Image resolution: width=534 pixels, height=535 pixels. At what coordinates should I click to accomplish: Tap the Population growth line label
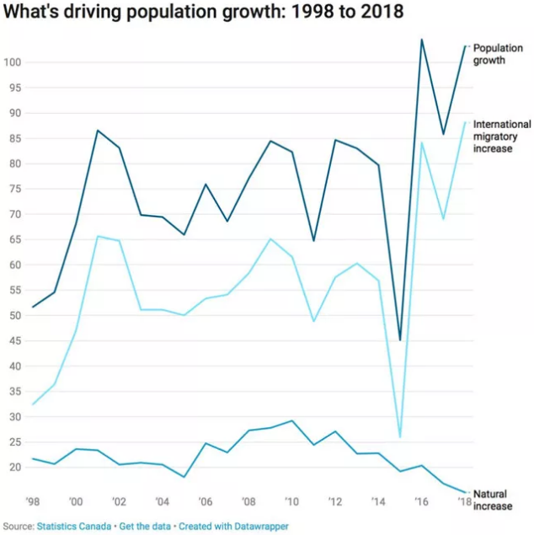pyautogui.click(x=498, y=54)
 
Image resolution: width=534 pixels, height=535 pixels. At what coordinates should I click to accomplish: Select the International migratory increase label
pyautogui.click(x=502, y=136)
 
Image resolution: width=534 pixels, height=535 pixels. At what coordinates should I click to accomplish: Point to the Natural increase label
pyautogui.click(x=494, y=500)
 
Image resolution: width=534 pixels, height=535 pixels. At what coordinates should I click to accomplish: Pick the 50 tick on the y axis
pyautogui.click(x=14, y=316)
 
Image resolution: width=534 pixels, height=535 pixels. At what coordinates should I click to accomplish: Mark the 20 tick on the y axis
pyautogui.click(x=14, y=468)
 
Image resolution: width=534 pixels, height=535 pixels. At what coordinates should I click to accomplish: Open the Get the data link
pyautogui.click(x=144, y=527)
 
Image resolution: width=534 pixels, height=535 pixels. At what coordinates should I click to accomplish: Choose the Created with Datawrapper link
pyautogui.click(x=233, y=527)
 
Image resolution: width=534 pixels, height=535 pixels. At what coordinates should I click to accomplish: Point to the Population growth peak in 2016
pyautogui.click(x=421, y=40)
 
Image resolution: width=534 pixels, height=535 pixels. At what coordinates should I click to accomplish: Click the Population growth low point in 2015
pyautogui.click(x=400, y=340)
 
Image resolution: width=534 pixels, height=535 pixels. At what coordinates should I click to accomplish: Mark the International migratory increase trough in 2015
pyautogui.click(x=400, y=436)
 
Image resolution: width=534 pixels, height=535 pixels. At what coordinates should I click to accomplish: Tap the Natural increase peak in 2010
pyautogui.click(x=291, y=420)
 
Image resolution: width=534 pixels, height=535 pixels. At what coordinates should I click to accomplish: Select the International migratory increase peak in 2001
pyautogui.click(x=98, y=236)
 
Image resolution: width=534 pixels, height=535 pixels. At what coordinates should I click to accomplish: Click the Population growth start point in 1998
pyautogui.click(x=33, y=307)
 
